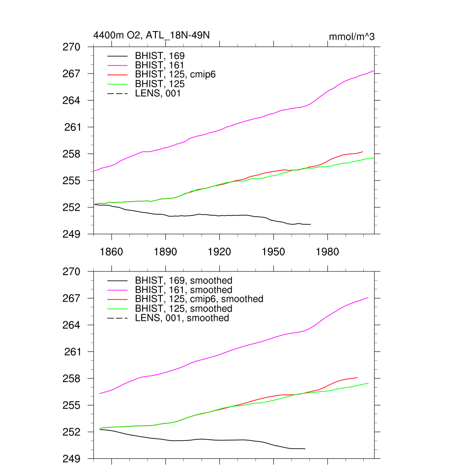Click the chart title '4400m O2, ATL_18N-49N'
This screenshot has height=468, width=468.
click(151, 35)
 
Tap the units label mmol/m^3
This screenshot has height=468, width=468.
click(352, 37)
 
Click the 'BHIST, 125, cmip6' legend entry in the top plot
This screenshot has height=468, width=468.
click(175, 75)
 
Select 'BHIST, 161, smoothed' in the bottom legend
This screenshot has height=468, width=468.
click(183, 290)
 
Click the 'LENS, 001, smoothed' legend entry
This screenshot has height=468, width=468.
click(182, 318)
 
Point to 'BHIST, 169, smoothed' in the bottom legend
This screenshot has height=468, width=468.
click(183, 280)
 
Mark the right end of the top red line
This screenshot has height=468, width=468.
click(362, 152)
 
